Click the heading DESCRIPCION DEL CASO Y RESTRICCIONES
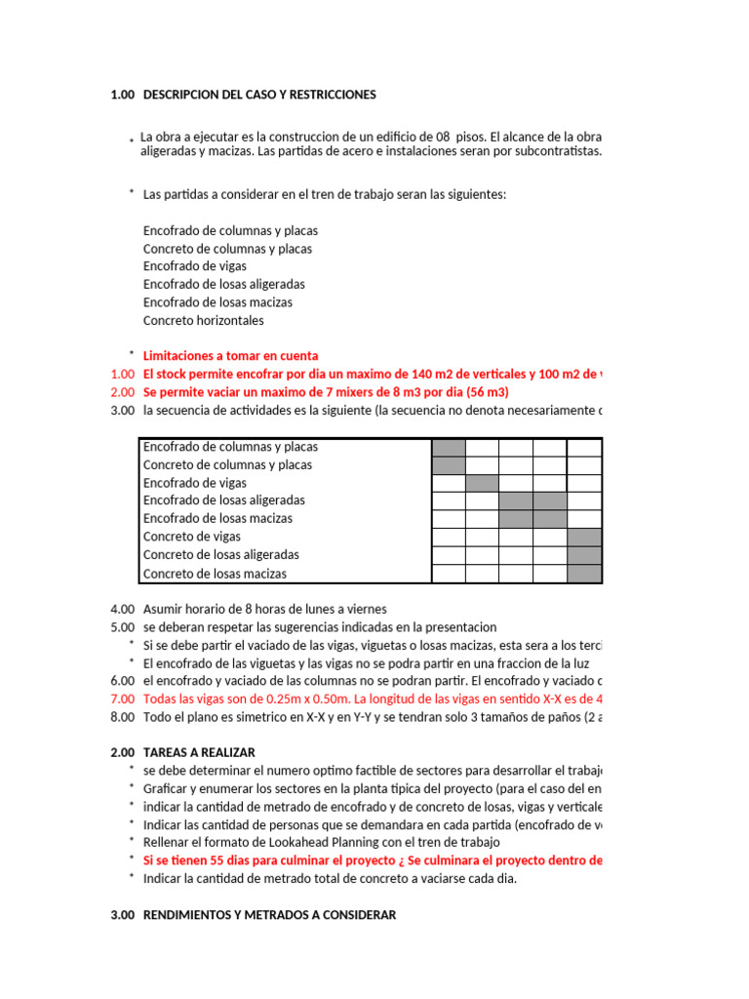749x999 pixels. [x=258, y=95]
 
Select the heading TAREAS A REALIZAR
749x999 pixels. [x=199, y=752]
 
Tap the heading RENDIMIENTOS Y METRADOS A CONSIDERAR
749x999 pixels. [x=269, y=914]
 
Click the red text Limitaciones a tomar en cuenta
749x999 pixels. [x=230, y=356]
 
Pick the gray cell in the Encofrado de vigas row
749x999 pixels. [x=482, y=483]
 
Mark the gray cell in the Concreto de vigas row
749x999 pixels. [x=584, y=537]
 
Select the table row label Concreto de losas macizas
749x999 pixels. [x=216, y=574]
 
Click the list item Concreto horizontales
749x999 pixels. [x=203, y=320]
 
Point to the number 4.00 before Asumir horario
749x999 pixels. [x=122, y=609]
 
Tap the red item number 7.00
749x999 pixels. [x=122, y=699]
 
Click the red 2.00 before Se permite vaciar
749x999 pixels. [x=122, y=392]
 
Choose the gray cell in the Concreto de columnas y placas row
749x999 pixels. [x=449, y=465]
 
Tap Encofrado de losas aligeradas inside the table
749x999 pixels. [x=224, y=500]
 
